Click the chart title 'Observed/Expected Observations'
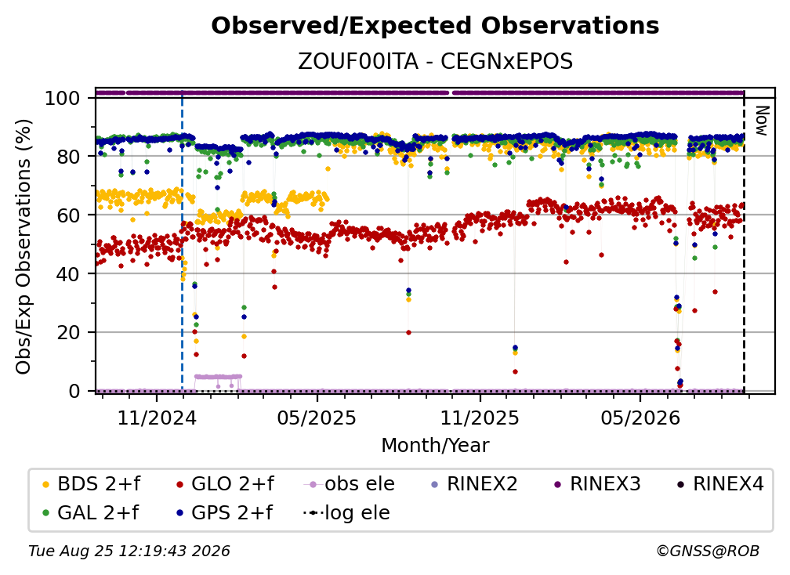[x=435, y=26]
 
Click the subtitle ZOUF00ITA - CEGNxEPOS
[x=435, y=61]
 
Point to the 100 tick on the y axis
[x=62, y=98]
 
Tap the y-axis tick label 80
[x=68, y=157]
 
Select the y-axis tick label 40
[x=68, y=274]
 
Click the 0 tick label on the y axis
[x=74, y=391]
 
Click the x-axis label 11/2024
[x=157, y=418]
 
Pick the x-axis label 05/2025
[x=317, y=418]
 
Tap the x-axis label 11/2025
[x=480, y=418]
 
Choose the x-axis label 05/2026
[x=640, y=418]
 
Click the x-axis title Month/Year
[x=435, y=445]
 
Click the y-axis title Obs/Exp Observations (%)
[x=24, y=247]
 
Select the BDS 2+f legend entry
[x=91, y=484]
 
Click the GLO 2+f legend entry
[x=225, y=484]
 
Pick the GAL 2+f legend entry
[x=91, y=512]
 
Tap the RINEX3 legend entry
[x=597, y=484]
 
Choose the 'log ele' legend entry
[x=346, y=512]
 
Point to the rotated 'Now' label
[x=761, y=121]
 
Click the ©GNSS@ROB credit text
[x=708, y=551]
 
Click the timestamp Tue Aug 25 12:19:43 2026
[x=129, y=551]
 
